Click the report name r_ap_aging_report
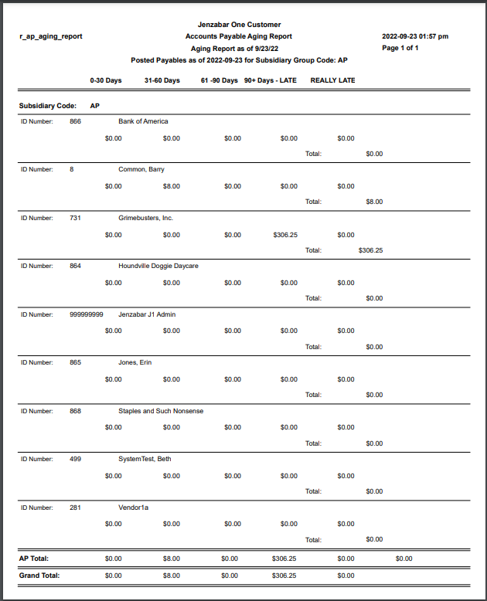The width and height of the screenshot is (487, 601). [x=50, y=36]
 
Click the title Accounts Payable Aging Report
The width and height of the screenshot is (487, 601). [x=238, y=36]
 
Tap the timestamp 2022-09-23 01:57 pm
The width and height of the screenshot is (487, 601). [x=415, y=36]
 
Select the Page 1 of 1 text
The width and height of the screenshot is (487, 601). [x=400, y=48]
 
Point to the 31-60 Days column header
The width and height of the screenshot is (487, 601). [x=162, y=80]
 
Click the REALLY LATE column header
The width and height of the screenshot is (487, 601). [x=332, y=80]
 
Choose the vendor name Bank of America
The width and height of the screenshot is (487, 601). [x=143, y=121]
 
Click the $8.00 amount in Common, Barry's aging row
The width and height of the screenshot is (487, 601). [x=172, y=186]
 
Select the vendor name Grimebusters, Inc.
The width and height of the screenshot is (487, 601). [x=145, y=218]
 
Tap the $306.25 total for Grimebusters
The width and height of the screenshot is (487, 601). [x=370, y=250]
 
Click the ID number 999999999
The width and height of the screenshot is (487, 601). [x=86, y=314]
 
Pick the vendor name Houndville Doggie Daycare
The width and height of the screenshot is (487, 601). [x=158, y=266]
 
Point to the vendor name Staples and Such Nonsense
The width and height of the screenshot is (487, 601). [x=161, y=411]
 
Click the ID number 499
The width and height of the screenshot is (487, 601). [x=75, y=459]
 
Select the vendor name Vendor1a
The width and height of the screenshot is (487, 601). [x=133, y=508]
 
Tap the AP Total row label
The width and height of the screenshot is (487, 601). [x=35, y=558]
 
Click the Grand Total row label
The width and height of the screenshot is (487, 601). [x=39, y=576]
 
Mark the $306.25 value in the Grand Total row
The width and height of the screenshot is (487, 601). [x=284, y=576]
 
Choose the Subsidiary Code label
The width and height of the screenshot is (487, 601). [x=47, y=105]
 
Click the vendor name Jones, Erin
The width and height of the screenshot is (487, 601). [x=135, y=362]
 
